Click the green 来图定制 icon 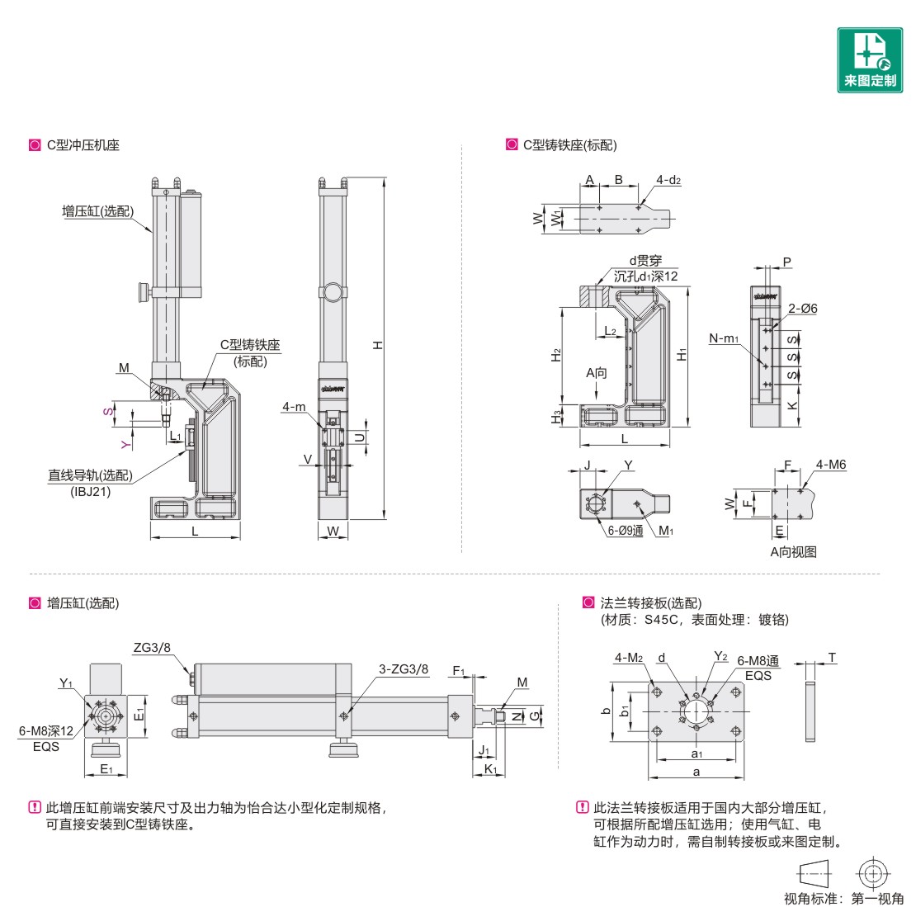[x=870, y=59]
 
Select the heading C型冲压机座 [x=83, y=145]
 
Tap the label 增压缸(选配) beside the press [x=97, y=211]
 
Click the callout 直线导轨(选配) [x=89, y=475]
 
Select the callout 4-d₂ [x=668, y=179]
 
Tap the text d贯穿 [x=645, y=261]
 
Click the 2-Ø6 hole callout [x=801, y=309]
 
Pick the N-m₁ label [x=724, y=338]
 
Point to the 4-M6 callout [x=830, y=465]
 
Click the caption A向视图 [x=793, y=551]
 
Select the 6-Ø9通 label [x=625, y=531]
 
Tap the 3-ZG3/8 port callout [x=404, y=669]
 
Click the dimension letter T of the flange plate [x=832, y=658]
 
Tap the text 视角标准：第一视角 [x=843, y=898]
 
